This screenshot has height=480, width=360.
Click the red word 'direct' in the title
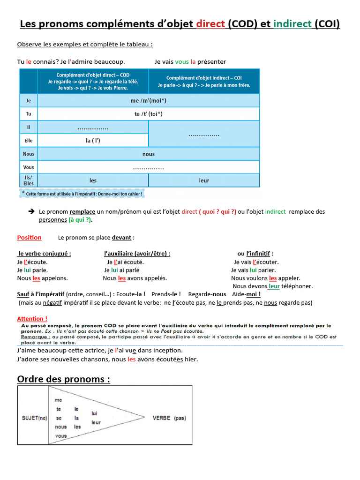coord(210,24)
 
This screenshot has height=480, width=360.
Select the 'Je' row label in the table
coord(29,100)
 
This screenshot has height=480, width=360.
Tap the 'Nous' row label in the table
coord(29,154)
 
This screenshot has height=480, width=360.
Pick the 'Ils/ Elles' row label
coord(29,180)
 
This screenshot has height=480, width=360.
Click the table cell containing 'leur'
coord(204,180)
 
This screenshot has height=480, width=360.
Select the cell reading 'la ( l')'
coord(93,140)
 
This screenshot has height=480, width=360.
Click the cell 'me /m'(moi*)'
coord(148,100)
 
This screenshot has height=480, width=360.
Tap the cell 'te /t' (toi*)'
coord(148,114)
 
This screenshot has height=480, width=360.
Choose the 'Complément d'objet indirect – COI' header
coord(204,82)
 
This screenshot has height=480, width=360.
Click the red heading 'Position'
coord(29,238)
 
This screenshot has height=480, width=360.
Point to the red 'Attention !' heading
coord(32,319)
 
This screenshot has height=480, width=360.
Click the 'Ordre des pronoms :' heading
coord(63,379)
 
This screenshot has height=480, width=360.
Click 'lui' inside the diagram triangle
coord(94,413)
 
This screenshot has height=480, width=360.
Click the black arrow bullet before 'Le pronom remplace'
coord(31,211)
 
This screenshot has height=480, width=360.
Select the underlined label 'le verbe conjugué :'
coord(45,254)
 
